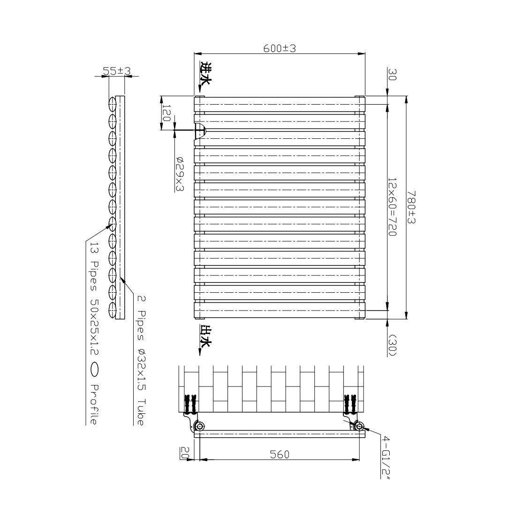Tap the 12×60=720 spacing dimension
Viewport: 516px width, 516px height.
coord(393,206)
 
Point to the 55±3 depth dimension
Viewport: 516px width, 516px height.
coord(116,71)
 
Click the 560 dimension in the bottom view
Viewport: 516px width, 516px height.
coord(280,454)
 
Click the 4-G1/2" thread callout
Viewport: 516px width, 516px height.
coord(386,457)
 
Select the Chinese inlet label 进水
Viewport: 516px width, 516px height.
coord(205,74)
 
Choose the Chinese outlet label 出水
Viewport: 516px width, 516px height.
coord(205,337)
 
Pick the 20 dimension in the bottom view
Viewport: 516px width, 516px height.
coord(185,454)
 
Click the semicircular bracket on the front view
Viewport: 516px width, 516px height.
coord(200,132)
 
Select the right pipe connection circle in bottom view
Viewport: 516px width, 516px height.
coord(359,426)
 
